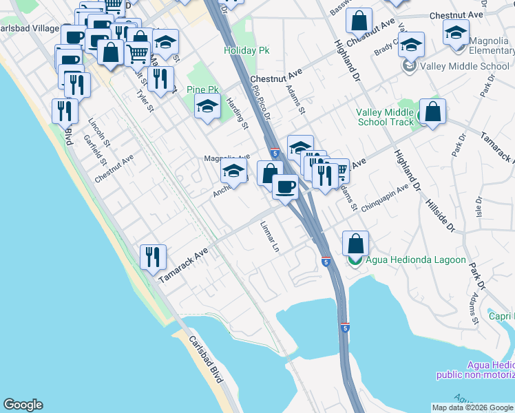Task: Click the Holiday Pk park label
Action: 246,51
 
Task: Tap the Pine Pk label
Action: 202,90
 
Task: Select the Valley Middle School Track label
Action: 385,118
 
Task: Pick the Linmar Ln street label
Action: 271,235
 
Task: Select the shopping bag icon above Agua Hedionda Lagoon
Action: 355,243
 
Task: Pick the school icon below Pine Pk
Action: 207,107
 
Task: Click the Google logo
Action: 23,405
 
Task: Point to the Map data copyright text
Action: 472,407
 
